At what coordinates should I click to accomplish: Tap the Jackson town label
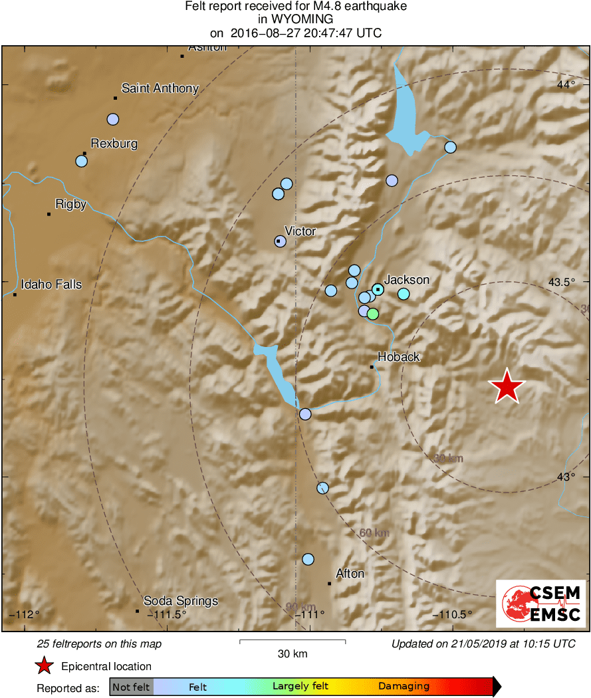point(407,280)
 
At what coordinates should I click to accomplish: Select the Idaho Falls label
point(51,285)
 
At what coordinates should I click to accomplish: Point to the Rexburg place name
point(114,143)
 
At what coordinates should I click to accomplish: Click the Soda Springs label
point(181,601)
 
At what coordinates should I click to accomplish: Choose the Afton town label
point(350,573)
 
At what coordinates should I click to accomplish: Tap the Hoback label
point(398,356)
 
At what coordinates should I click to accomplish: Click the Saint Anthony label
point(160,88)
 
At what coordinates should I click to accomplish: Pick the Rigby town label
point(71,204)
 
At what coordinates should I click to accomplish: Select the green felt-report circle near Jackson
point(373,313)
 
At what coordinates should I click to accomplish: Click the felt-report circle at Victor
point(280,241)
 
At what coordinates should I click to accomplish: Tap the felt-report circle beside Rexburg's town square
point(82,161)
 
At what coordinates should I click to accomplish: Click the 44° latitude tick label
point(566,84)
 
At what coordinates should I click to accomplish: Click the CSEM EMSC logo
point(541,604)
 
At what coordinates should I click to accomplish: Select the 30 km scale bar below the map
point(292,641)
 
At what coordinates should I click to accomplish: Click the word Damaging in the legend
point(404,686)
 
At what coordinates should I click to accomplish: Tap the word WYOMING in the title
point(295,19)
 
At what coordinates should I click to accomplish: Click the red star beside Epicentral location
point(44,665)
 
